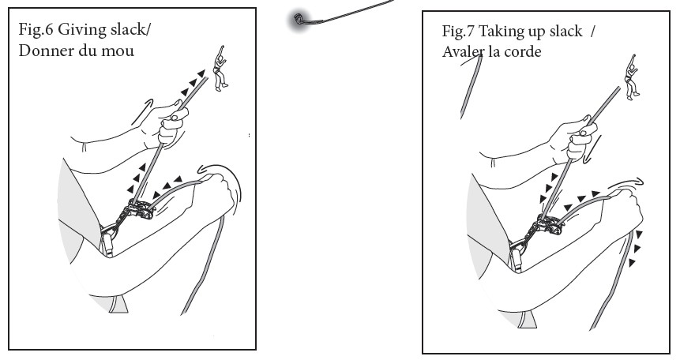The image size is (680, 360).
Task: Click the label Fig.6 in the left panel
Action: [36, 29]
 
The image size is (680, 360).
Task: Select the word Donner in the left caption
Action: [45, 51]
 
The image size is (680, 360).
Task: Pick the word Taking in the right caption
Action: [499, 32]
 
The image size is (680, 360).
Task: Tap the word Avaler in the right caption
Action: [463, 51]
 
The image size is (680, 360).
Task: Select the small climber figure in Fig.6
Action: [220, 68]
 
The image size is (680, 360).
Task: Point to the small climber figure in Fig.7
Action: [632, 77]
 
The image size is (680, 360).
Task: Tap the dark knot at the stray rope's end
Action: [299, 19]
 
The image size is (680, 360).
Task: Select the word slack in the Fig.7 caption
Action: [566, 32]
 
